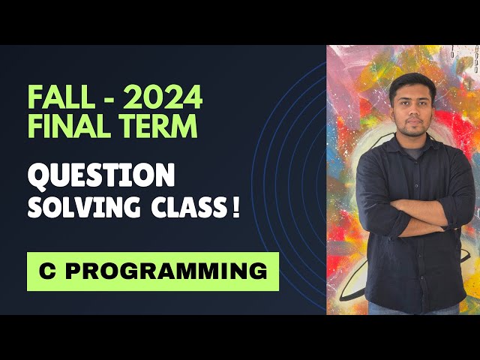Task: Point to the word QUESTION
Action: coord(101,176)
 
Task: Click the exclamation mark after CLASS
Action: coord(237,206)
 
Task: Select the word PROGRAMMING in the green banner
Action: coord(165,271)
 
